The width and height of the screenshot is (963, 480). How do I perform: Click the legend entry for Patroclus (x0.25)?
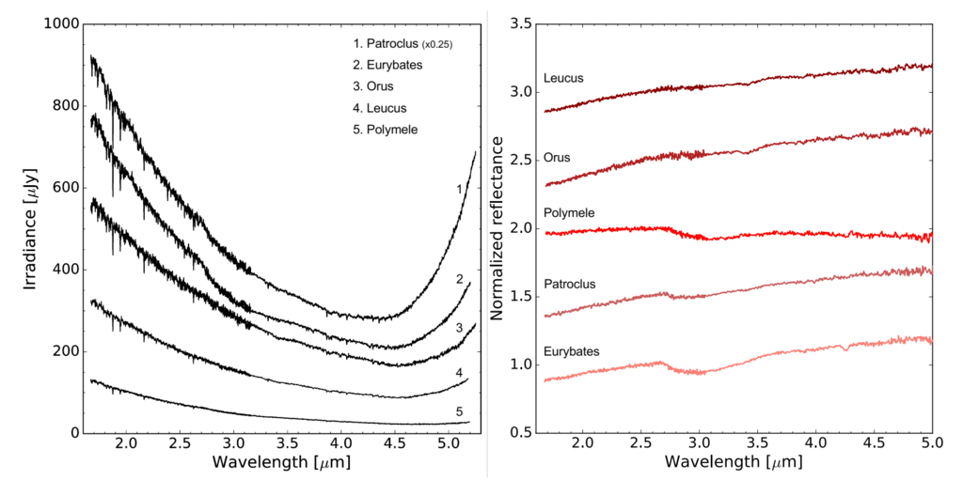coord(399,44)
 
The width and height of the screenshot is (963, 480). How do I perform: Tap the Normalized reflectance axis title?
coord(497,228)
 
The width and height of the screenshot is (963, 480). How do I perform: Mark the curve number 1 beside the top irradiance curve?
coord(459,190)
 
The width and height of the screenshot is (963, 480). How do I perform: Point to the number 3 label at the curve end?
coord(459,329)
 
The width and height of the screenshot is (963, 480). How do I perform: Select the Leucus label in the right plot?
coord(563,79)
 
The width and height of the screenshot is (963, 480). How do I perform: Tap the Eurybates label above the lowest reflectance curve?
coord(571,351)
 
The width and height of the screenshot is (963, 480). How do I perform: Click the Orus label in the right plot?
coord(557,157)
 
